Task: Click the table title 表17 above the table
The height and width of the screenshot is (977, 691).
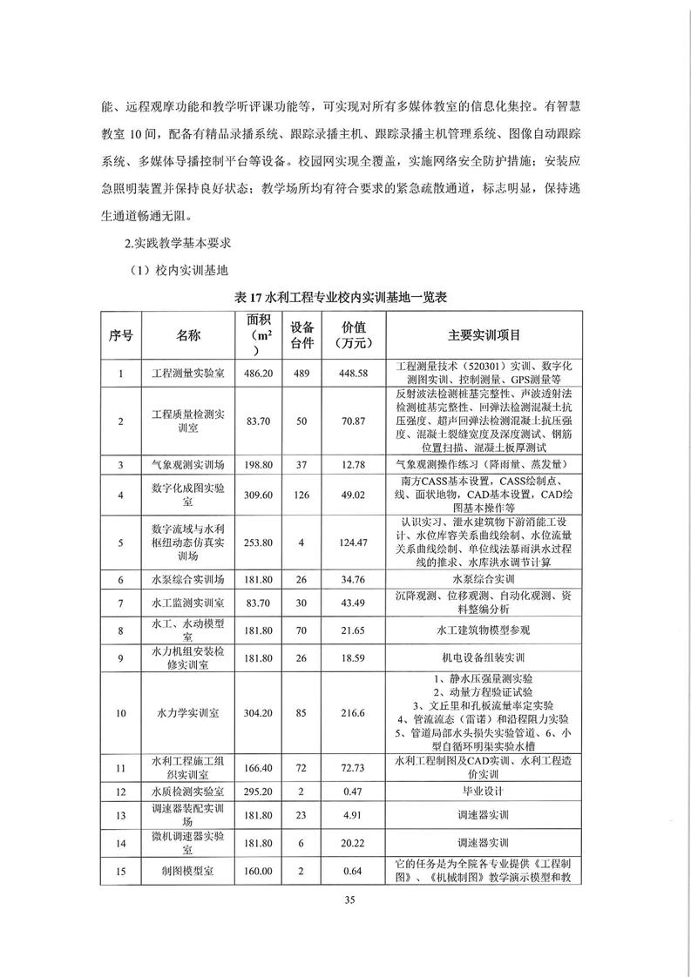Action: click(341, 297)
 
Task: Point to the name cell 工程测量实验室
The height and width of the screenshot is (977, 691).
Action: click(187, 374)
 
